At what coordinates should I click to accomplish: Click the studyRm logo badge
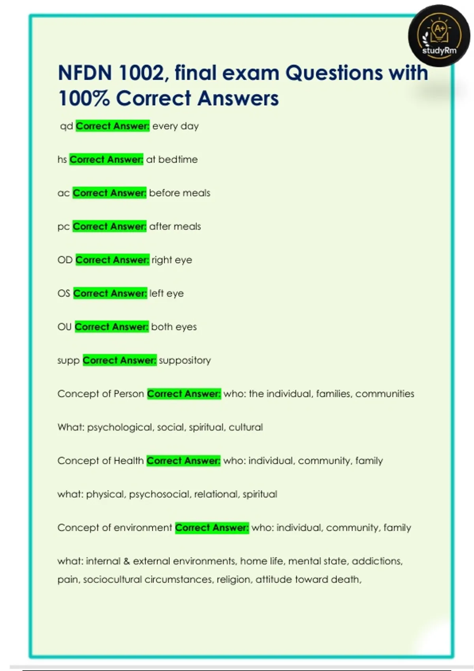[x=439, y=36]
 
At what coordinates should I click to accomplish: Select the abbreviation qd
[x=66, y=126]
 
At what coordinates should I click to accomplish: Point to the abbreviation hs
[x=62, y=159]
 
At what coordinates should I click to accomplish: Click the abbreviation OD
[x=65, y=260]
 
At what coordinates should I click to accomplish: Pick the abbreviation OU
[x=64, y=327]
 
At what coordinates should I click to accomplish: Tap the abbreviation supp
[x=68, y=360]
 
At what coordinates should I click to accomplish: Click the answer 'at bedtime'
[x=172, y=159]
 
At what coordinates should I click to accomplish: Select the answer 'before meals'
[x=180, y=193]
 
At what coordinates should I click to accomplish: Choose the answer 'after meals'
[x=175, y=227]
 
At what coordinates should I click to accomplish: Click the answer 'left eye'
[x=166, y=293]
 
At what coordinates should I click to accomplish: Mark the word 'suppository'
[x=185, y=360]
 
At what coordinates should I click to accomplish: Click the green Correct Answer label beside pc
[x=109, y=227]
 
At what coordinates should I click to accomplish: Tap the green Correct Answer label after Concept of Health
[x=183, y=461]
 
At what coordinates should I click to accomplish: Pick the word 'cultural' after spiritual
[x=246, y=427]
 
